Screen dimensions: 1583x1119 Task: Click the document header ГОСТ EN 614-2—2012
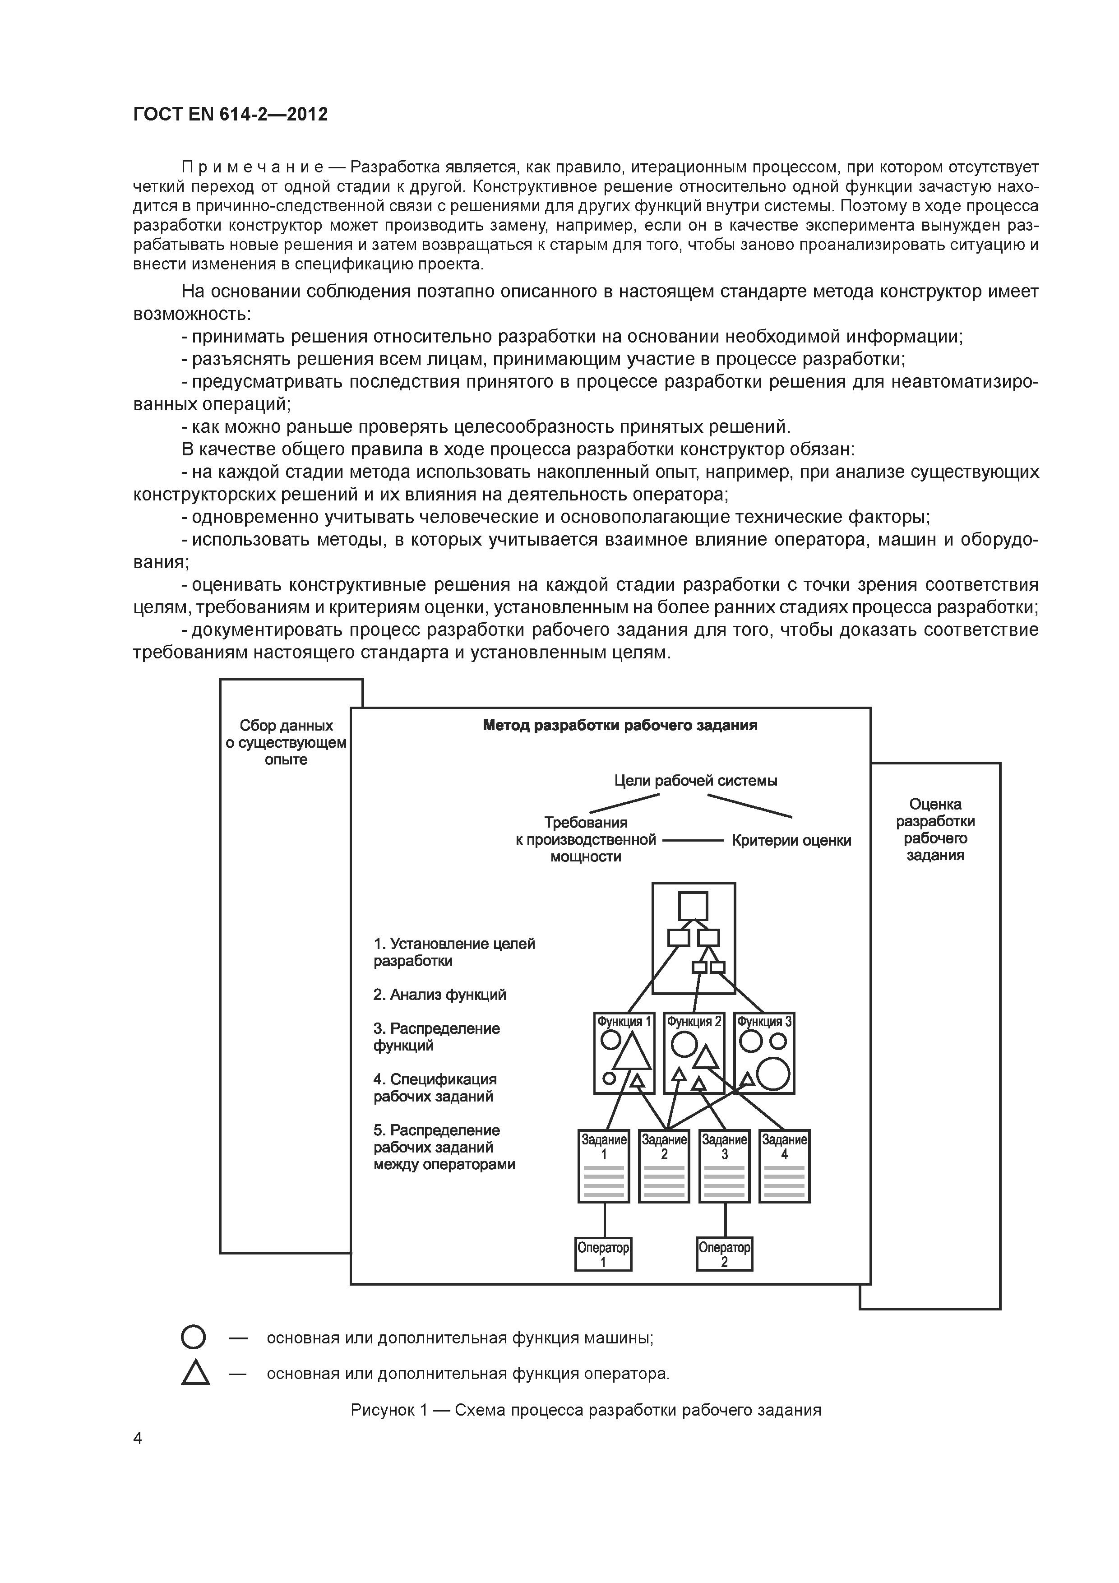tap(230, 115)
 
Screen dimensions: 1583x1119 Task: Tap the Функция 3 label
tap(765, 1022)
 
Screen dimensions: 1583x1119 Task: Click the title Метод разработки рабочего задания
tap(620, 725)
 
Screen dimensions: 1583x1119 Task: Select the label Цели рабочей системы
tap(696, 781)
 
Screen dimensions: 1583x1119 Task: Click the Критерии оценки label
tap(791, 840)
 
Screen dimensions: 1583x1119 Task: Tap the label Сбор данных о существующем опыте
tap(286, 743)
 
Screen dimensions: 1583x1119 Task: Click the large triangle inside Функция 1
tap(631, 1053)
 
